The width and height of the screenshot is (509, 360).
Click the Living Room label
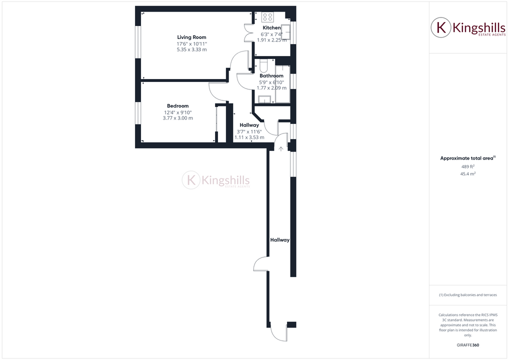(x=191, y=37)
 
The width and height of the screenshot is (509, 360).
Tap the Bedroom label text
(x=178, y=106)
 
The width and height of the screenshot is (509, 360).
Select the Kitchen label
(x=271, y=28)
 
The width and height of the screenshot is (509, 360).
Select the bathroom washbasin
(x=264, y=99)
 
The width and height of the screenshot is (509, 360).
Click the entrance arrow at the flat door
(x=281, y=148)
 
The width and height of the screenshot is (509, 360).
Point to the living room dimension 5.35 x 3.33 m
(x=191, y=50)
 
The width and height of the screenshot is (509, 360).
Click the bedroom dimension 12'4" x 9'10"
(x=178, y=112)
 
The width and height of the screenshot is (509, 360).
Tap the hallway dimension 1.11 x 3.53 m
(x=249, y=137)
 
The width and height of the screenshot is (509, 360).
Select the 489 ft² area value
(x=467, y=166)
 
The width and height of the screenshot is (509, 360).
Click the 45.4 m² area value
(x=467, y=174)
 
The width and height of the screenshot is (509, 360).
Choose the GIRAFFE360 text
(x=467, y=345)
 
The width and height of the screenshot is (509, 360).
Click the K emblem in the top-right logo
(x=441, y=27)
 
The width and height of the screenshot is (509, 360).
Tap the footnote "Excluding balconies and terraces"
(x=467, y=295)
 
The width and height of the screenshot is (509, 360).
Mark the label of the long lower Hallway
(x=280, y=240)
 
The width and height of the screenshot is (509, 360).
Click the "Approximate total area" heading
(x=466, y=158)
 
